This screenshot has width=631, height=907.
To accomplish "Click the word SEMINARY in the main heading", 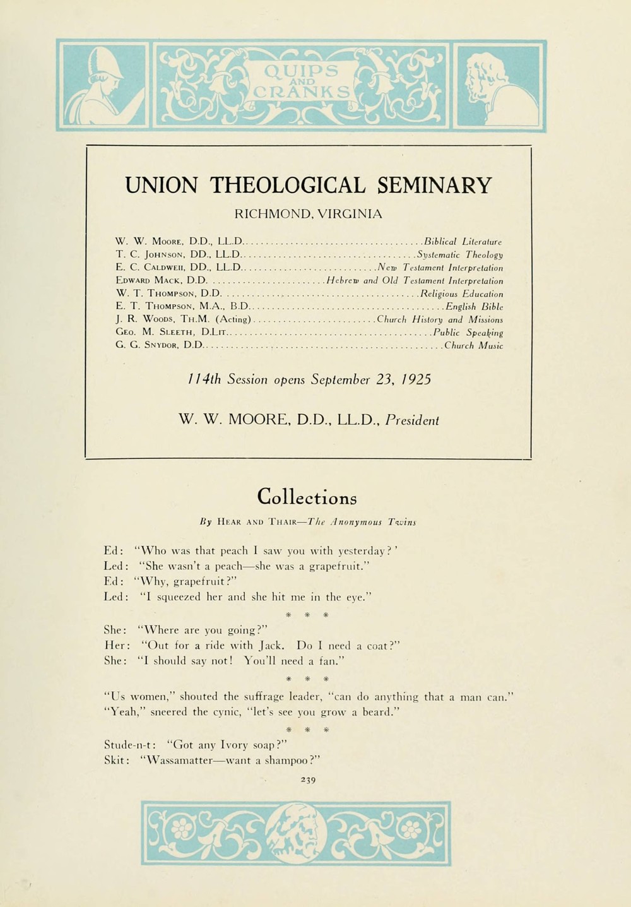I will (434, 186).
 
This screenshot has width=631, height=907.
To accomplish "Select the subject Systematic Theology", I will (460, 254).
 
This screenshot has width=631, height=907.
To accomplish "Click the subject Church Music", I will (473, 345).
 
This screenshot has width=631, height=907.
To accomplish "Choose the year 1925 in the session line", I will (415, 380).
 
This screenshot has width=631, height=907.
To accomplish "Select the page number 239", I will (308, 779).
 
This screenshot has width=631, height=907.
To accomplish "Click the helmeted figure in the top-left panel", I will (101, 85).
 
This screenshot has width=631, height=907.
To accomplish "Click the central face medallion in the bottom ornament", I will (296, 833).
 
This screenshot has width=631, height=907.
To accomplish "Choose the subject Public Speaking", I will (468, 332).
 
